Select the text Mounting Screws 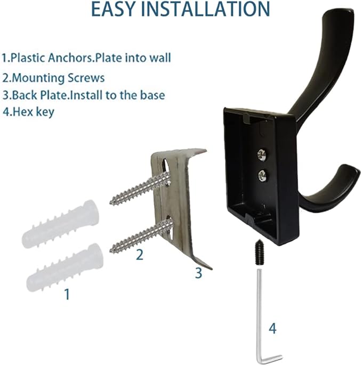click(x=58, y=77)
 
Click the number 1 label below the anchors click(x=67, y=294)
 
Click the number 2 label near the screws click(x=139, y=255)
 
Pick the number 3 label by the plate click(x=198, y=273)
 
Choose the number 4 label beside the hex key click(x=272, y=329)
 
